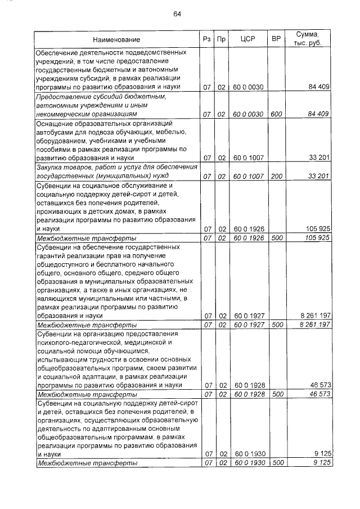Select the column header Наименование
117,39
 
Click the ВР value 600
276,114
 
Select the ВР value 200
276,177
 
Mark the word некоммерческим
63,114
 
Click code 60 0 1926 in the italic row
248,238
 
